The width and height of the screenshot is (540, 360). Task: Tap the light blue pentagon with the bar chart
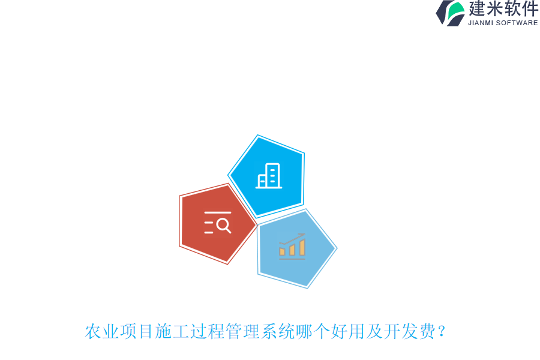tap(295, 248)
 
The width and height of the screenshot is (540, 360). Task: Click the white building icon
tap(269, 176)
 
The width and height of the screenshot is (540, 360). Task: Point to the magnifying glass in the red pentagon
tap(223, 225)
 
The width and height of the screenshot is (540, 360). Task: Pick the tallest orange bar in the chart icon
tap(302, 247)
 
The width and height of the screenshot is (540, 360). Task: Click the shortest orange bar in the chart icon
tap(282, 252)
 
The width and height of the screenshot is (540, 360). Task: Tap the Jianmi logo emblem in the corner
tap(450, 13)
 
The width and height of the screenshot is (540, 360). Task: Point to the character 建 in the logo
tap(477, 9)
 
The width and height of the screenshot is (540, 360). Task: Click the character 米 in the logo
tap(494, 9)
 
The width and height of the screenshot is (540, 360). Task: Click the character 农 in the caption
tap(93, 331)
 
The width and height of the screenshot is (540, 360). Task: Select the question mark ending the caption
tap(442, 331)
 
